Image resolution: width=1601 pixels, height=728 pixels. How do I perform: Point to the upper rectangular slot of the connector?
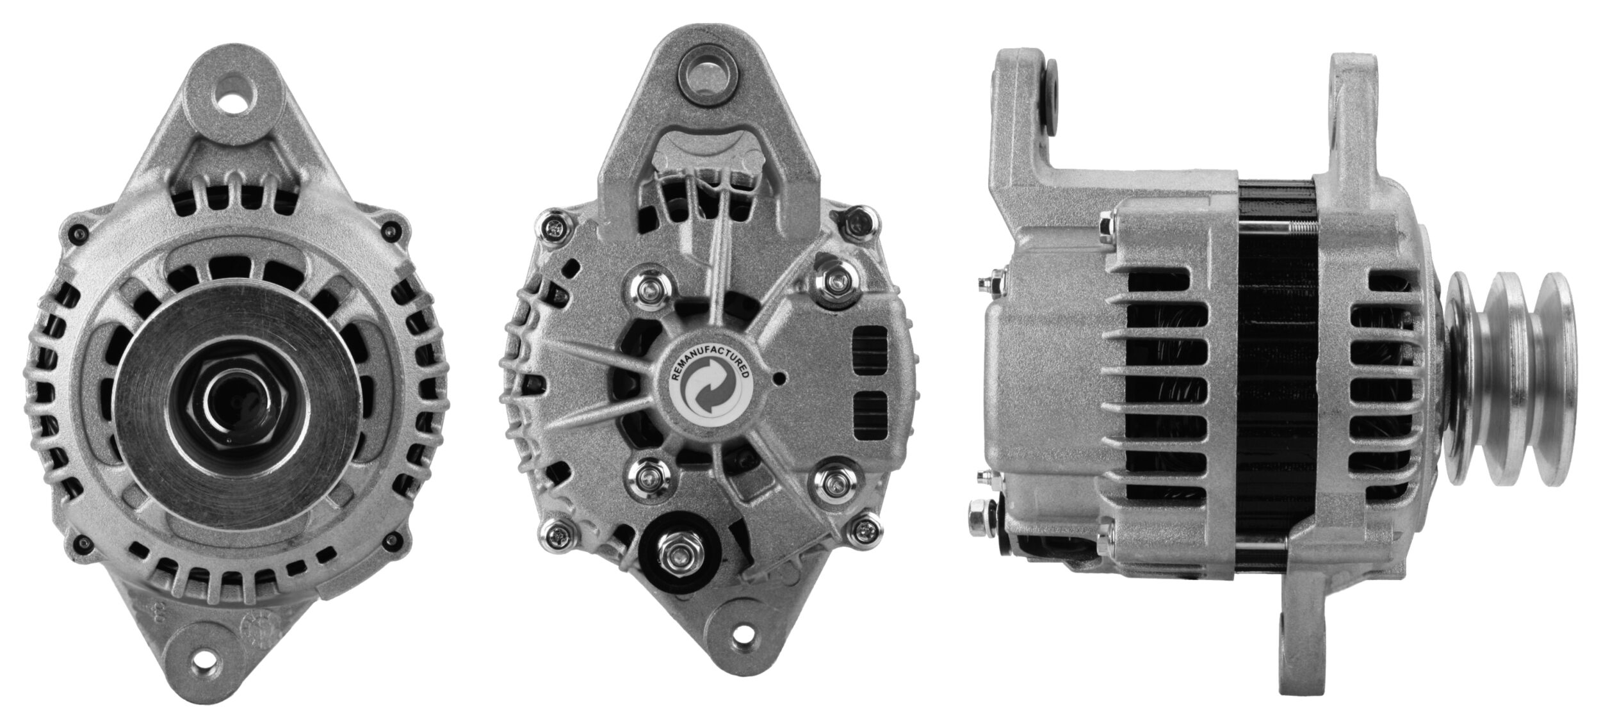[x=871, y=349]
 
